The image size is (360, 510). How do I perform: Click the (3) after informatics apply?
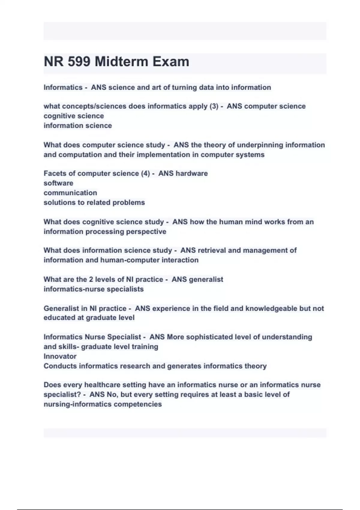pyautogui.click(x=214, y=106)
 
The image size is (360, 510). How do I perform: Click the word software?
pyautogui.click(x=58, y=183)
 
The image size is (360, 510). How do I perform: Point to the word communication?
pyautogui.click(x=70, y=193)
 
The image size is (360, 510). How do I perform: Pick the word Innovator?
pyautogui.click(x=60, y=356)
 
